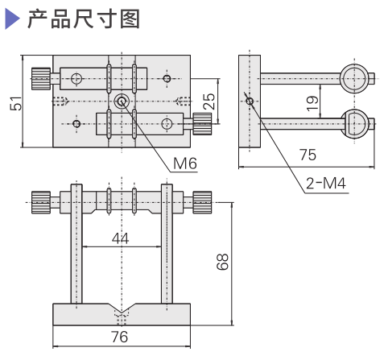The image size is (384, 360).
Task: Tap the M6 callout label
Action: point(184,164)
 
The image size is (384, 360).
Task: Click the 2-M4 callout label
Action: point(325,184)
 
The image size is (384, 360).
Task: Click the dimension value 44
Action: point(120,238)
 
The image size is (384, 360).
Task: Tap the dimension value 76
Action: point(119,337)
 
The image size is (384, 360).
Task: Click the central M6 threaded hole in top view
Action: point(122,101)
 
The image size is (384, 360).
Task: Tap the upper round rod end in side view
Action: point(355,78)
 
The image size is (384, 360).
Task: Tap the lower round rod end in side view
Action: point(355,122)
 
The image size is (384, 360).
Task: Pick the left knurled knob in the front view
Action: point(41,197)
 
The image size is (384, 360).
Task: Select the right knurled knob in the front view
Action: point(201,197)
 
